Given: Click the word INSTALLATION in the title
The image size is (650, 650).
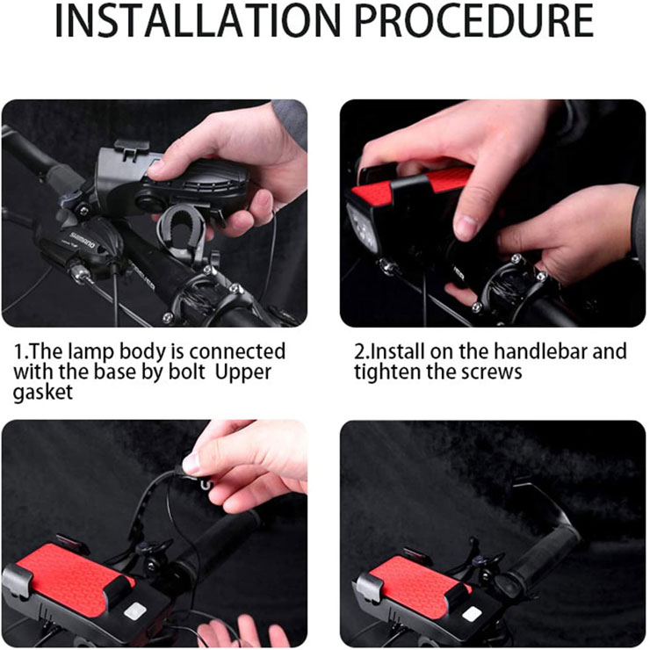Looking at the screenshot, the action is (198, 21).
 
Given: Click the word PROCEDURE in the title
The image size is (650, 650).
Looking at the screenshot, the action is (474, 21).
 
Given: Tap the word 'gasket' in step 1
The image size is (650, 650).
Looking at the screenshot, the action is (43, 392).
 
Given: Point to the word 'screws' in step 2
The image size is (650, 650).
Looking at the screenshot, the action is (492, 372).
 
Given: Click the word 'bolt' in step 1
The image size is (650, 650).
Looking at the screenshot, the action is (186, 372).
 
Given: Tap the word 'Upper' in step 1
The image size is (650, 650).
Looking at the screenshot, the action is (243, 372).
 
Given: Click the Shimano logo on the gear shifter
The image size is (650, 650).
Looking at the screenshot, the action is (82, 241).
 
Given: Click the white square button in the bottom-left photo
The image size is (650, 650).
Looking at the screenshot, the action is (134, 611).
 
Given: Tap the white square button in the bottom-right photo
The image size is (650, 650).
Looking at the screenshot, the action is (473, 614).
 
